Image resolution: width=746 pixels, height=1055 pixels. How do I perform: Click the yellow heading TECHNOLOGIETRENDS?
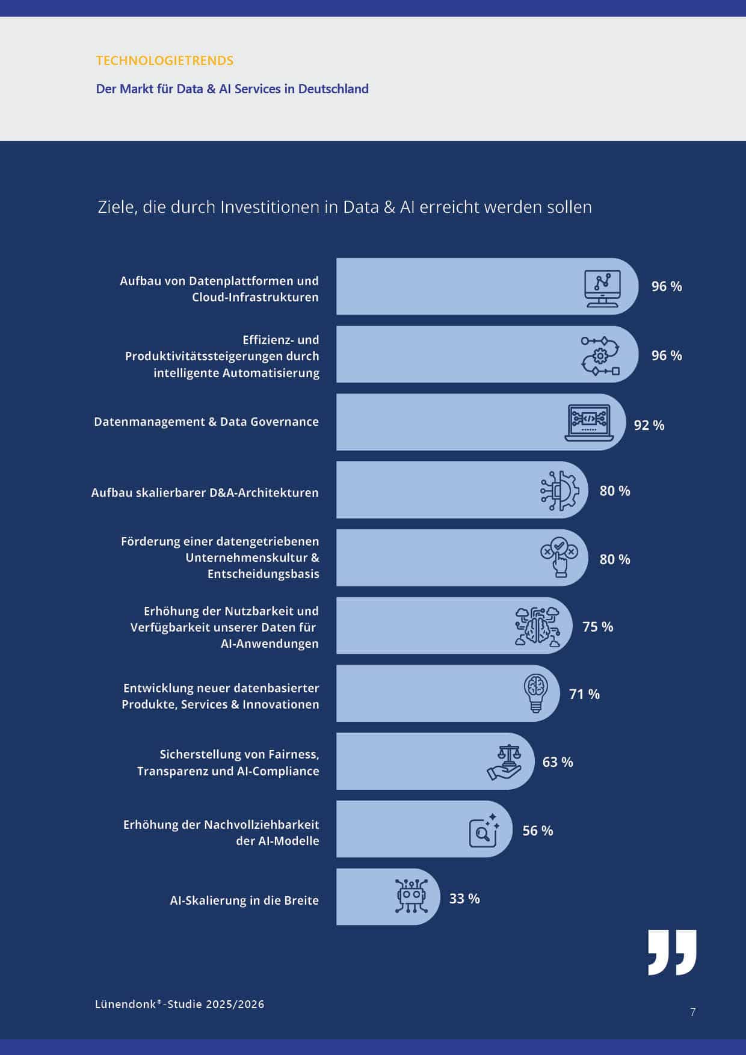164,61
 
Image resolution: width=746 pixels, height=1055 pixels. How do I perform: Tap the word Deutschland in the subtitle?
333,89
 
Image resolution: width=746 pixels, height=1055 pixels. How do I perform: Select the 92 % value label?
649,425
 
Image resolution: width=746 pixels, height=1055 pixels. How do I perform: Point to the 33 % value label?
464,899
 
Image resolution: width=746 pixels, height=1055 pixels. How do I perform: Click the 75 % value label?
597,627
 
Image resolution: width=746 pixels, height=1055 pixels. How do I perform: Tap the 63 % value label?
558,762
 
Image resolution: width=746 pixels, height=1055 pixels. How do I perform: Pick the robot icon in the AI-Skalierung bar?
412,896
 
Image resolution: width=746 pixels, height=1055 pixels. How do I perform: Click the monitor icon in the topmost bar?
602,288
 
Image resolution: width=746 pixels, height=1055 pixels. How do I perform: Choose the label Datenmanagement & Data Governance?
206,422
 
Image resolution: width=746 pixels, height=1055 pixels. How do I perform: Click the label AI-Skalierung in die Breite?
244,900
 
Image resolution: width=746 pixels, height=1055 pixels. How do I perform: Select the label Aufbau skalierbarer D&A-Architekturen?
205,493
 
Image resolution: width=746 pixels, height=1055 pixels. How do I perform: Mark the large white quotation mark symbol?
672,952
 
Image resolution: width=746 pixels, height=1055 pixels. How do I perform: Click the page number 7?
693,1012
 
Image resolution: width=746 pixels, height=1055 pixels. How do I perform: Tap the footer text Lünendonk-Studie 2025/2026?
179,1004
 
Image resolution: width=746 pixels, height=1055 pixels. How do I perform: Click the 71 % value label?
584,694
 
